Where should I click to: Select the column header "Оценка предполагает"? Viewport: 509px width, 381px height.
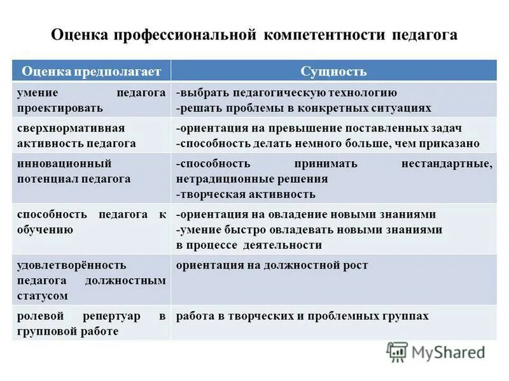(92, 71)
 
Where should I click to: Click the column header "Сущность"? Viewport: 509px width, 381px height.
(333, 71)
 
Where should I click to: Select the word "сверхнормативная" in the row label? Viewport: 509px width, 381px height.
(61, 128)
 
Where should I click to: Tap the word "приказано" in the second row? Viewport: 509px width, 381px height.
(452, 144)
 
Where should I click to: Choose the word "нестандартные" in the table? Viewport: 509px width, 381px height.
(447, 164)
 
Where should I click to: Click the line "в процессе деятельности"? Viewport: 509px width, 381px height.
(249, 245)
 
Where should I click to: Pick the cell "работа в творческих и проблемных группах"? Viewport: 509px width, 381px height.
(302, 316)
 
